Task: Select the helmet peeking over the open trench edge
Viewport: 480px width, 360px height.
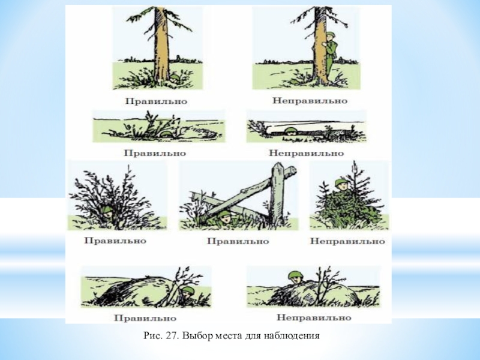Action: pyautogui.click(x=290, y=131)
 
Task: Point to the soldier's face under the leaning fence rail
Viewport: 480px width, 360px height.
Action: pyautogui.click(x=226, y=217)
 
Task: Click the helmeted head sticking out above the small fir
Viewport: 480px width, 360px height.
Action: pyautogui.click(x=341, y=184)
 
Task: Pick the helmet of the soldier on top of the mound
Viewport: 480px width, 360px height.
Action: pyautogui.click(x=295, y=275)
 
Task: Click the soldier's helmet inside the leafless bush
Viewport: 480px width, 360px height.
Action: pyautogui.click(x=107, y=209)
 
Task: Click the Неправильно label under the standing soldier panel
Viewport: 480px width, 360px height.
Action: pyautogui.click(x=310, y=101)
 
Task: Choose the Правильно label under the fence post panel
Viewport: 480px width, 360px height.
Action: pyautogui.click(x=238, y=241)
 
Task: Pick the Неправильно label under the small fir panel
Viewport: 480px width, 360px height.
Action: pyautogui.click(x=347, y=241)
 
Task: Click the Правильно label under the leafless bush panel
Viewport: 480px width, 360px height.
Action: pyautogui.click(x=115, y=241)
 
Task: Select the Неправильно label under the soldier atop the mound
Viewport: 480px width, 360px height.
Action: pyautogui.click(x=314, y=317)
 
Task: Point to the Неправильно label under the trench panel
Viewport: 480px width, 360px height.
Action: pyautogui.click(x=306, y=153)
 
